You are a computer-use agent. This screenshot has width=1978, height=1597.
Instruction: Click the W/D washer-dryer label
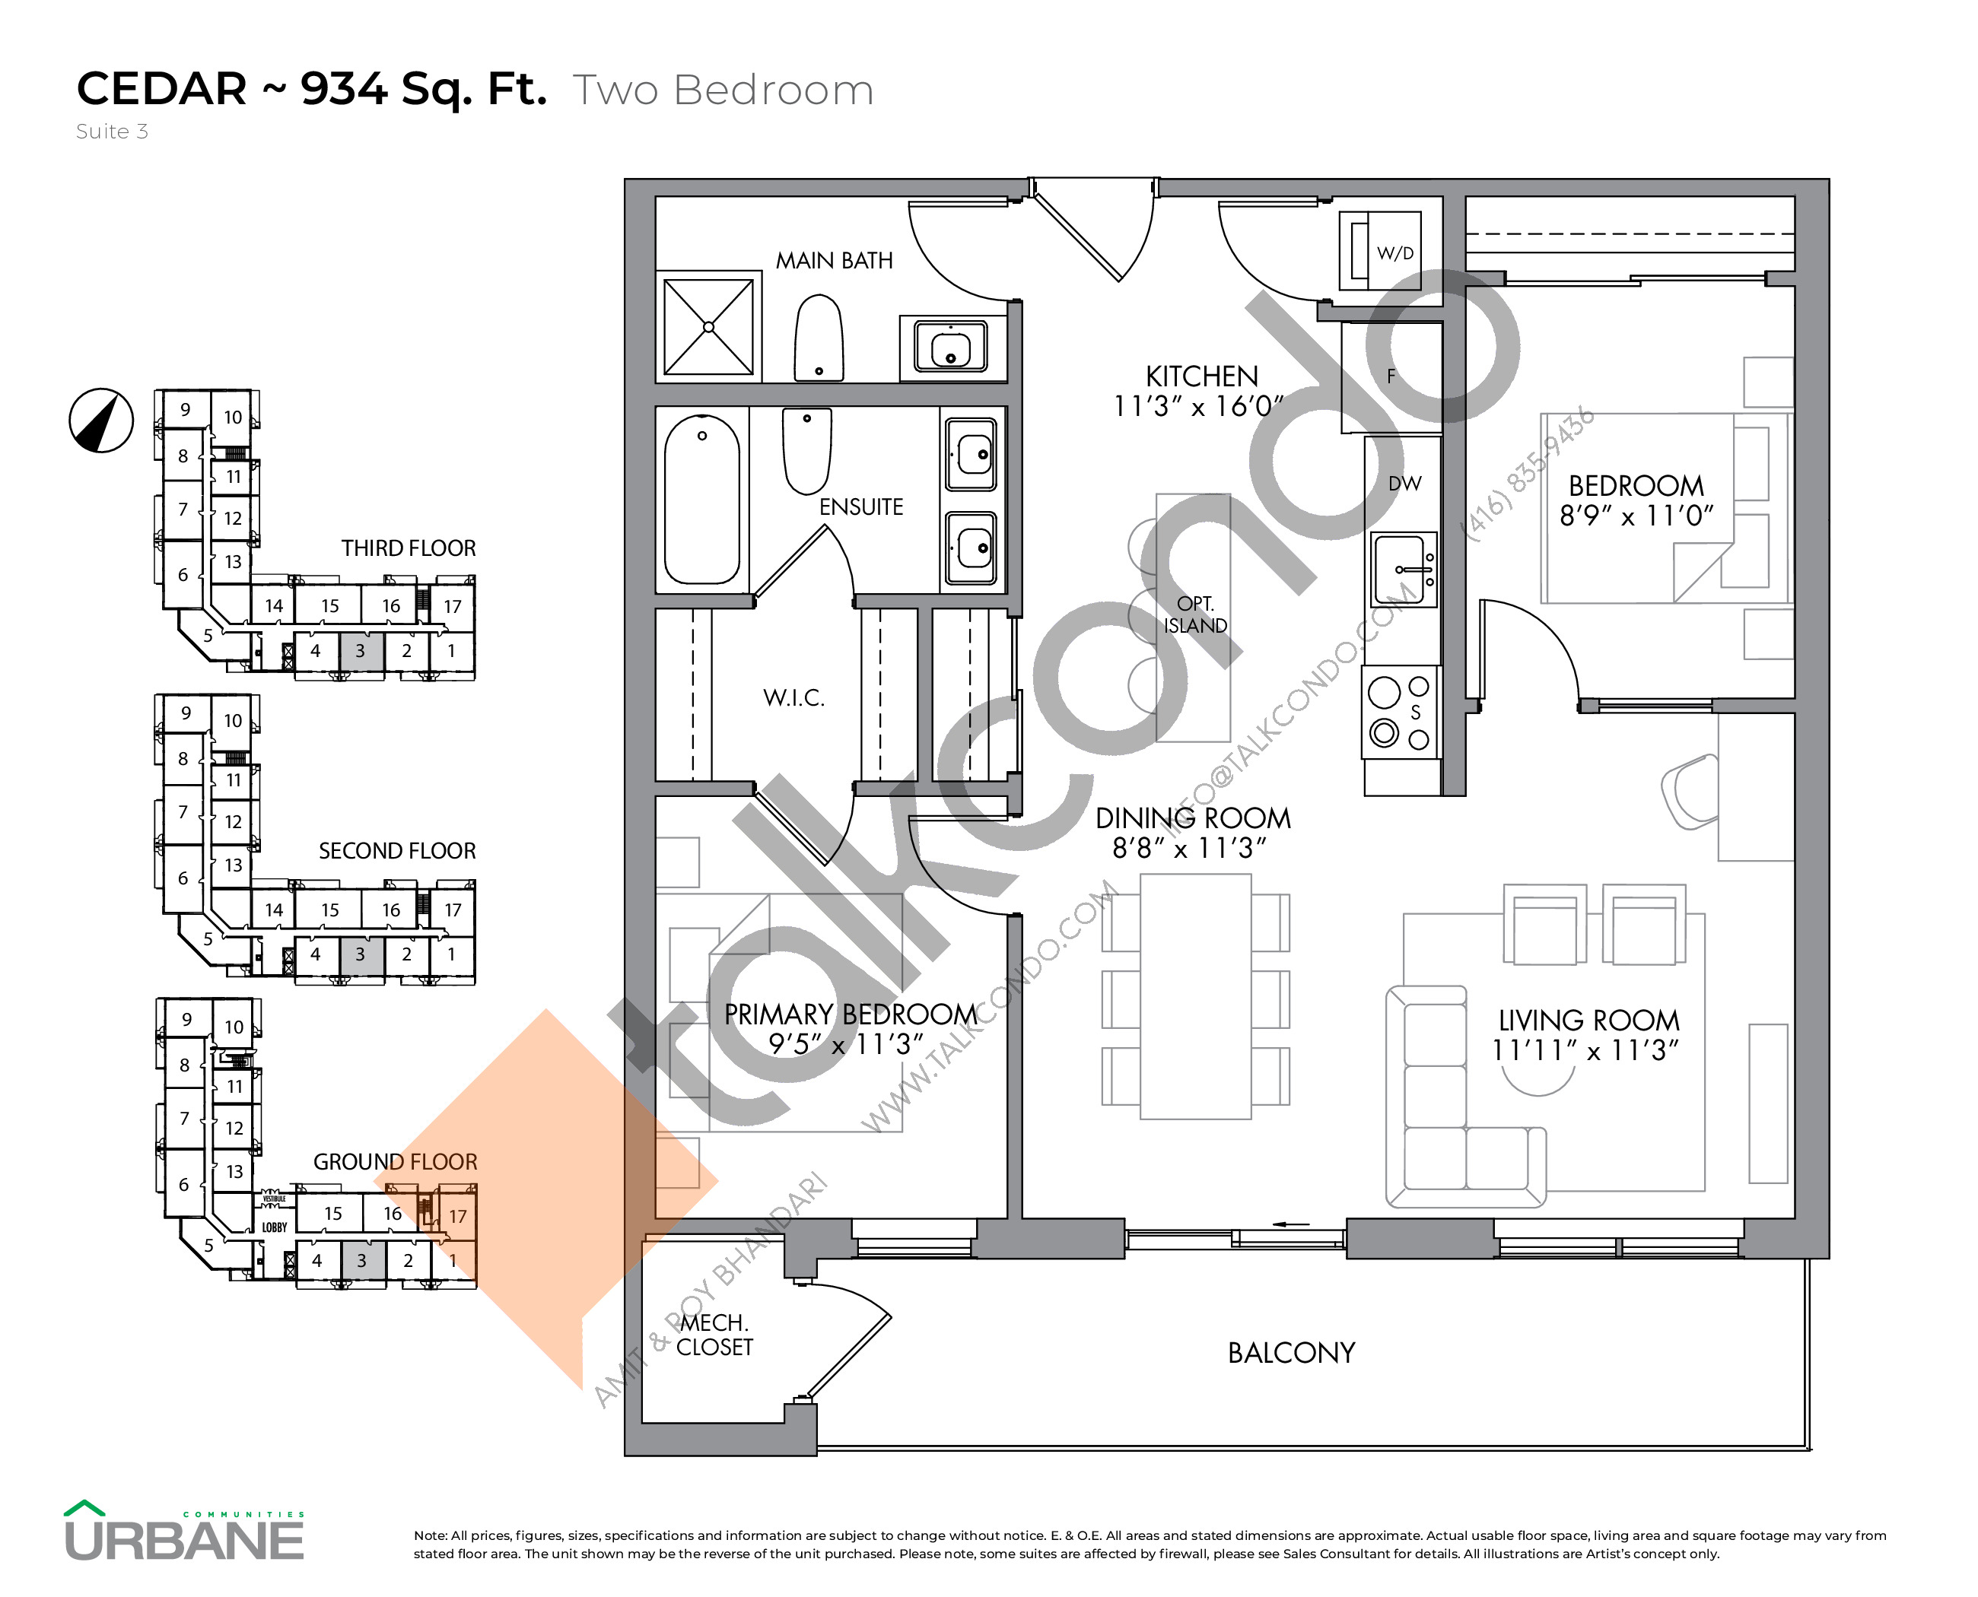pos(1394,253)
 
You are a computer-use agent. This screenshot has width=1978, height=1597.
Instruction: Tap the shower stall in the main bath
pos(708,326)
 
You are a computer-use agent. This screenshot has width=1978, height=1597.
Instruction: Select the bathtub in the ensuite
pos(701,500)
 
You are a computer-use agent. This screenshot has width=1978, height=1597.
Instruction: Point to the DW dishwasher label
pos(1404,484)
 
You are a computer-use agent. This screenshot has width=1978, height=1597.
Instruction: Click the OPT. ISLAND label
pos(1194,615)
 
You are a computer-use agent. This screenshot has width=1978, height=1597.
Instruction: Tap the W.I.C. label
pos(793,698)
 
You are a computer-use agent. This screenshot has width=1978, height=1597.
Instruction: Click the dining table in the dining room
pos(1194,996)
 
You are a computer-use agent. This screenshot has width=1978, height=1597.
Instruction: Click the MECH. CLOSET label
pos(714,1335)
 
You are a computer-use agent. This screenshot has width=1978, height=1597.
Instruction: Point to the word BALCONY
pos(1290,1353)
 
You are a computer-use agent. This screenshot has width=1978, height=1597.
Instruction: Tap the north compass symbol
pos(101,421)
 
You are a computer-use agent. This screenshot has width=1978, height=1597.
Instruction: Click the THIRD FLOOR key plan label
pos(408,548)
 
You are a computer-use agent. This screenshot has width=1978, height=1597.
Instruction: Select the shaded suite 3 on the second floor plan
pos(361,955)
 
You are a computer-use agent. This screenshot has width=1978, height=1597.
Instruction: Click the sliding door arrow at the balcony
pos(1290,1224)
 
